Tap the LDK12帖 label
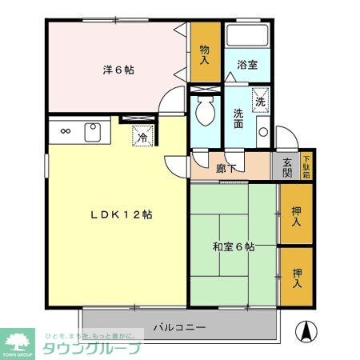122,214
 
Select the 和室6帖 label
233,247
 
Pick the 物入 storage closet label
205,54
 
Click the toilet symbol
204,113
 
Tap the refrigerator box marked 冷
142,136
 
